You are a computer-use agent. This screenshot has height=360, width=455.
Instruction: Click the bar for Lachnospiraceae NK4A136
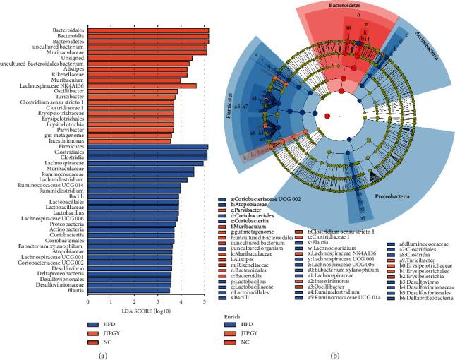point(142,85)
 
